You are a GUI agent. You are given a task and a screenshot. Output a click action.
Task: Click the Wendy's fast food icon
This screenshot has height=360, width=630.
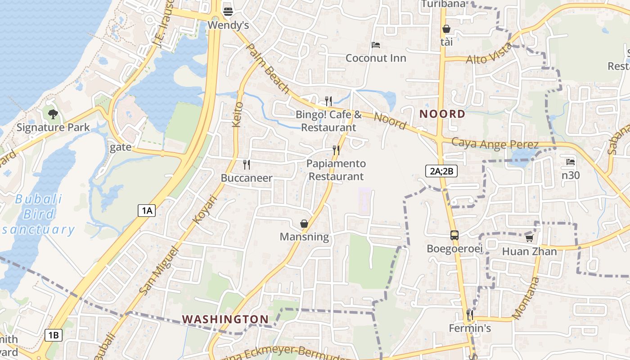[228, 11]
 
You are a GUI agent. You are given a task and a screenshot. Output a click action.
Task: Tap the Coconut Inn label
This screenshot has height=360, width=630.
[376, 58]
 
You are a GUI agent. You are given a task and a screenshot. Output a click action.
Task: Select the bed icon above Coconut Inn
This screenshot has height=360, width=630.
[376, 45]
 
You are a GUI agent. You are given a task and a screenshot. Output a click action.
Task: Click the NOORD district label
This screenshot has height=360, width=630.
[442, 114]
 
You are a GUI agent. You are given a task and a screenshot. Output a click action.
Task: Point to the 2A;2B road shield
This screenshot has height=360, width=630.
[441, 171]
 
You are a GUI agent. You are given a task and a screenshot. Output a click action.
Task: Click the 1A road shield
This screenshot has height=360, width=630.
[147, 210]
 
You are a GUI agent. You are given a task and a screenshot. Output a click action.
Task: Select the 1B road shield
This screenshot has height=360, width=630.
[54, 335]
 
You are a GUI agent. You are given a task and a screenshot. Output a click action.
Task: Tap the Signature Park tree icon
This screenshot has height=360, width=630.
[53, 114]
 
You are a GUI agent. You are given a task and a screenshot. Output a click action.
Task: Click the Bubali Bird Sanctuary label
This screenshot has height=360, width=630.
[38, 214]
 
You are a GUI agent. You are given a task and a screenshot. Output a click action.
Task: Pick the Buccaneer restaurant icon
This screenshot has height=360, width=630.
[246, 164]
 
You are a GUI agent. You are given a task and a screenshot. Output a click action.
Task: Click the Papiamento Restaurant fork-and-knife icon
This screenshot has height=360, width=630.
[336, 150]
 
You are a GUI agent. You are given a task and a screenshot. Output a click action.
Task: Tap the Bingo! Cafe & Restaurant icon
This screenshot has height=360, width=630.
[328, 101]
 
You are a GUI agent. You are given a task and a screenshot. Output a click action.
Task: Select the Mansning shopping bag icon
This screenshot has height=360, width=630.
[304, 223]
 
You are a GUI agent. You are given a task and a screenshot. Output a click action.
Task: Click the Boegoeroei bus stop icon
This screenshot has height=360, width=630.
[454, 235]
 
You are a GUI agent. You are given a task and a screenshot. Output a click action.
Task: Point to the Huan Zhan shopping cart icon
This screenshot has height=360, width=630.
[529, 238]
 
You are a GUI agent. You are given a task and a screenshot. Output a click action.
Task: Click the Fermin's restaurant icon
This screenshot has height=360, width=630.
[470, 315]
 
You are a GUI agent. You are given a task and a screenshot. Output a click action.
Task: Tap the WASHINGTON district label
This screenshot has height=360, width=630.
[225, 319]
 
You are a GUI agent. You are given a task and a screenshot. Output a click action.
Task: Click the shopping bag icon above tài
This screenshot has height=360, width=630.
[446, 29]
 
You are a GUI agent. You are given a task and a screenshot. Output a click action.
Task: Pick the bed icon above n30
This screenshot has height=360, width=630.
[571, 162]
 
